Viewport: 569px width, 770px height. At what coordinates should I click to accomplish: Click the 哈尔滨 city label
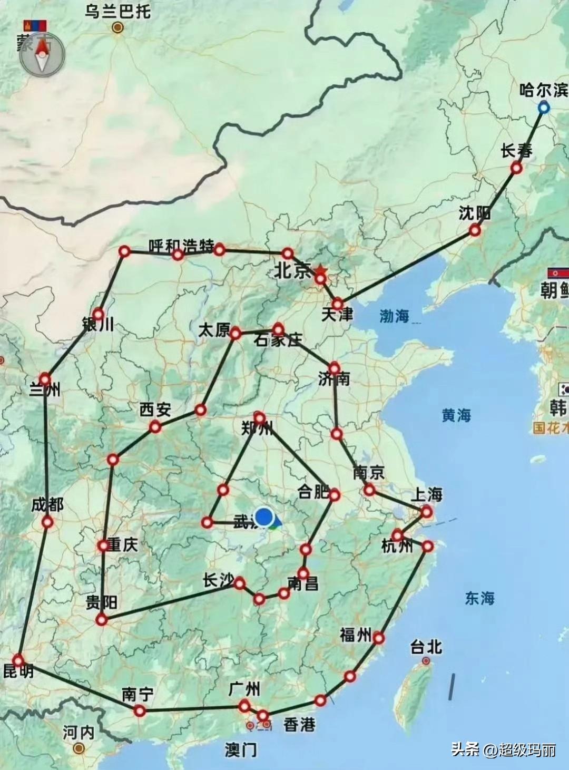(x=543, y=90)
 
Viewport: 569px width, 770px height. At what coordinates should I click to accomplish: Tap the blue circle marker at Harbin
(x=544, y=108)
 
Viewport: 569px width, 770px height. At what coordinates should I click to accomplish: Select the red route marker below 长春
(x=516, y=168)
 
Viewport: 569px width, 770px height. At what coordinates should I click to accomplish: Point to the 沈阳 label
(x=474, y=213)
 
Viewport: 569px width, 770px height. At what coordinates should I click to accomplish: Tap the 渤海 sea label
(x=394, y=316)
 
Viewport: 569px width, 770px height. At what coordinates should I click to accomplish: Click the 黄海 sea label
(x=456, y=415)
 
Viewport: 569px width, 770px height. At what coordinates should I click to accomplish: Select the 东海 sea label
(x=479, y=598)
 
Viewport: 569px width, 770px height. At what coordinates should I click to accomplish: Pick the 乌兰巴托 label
(x=117, y=12)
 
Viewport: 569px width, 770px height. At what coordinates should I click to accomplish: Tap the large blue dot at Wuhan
(x=264, y=517)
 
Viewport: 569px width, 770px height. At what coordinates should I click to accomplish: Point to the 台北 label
(x=426, y=647)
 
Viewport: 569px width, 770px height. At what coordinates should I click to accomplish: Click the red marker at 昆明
(x=19, y=660)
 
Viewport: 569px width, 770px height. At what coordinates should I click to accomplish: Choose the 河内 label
(x=79, y=732)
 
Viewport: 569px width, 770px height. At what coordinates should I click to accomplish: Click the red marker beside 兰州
(x=45, y=379)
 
